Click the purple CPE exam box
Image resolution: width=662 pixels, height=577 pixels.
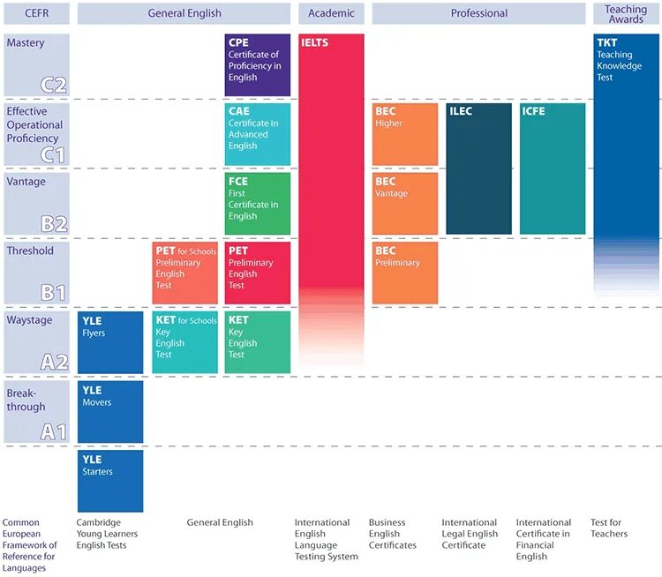(x=257, y=65)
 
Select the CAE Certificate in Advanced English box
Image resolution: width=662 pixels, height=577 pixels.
(x=257, y=134)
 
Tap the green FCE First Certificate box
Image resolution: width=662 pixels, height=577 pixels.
(x=257, y=204)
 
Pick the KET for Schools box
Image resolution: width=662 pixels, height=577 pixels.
(x=185, y=342)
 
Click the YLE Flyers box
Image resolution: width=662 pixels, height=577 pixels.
(x=110, y=342)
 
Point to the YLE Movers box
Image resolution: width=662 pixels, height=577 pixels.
(x=110, y=411)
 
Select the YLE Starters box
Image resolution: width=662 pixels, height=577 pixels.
(x=110, y=481)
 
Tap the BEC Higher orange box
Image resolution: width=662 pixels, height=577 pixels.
(x=405, y=134)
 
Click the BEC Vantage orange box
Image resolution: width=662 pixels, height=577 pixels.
(x=405, y=204)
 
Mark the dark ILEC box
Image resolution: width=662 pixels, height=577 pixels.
(x=478, y=169)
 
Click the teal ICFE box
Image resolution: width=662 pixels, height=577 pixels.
(x=552, y=169)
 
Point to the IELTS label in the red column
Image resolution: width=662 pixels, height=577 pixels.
(x=315, y=42)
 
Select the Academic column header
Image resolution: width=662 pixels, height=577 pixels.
(x=331, y=13)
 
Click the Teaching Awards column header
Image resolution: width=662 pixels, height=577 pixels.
(x=626, y=14)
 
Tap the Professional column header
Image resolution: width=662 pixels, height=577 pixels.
(x=478, y=13)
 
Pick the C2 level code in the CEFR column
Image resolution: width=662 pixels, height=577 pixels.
(x=53, y=85)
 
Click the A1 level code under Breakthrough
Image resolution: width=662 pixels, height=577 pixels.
(x=53, y=431)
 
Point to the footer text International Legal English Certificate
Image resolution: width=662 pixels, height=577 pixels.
(x=470, y=534)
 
